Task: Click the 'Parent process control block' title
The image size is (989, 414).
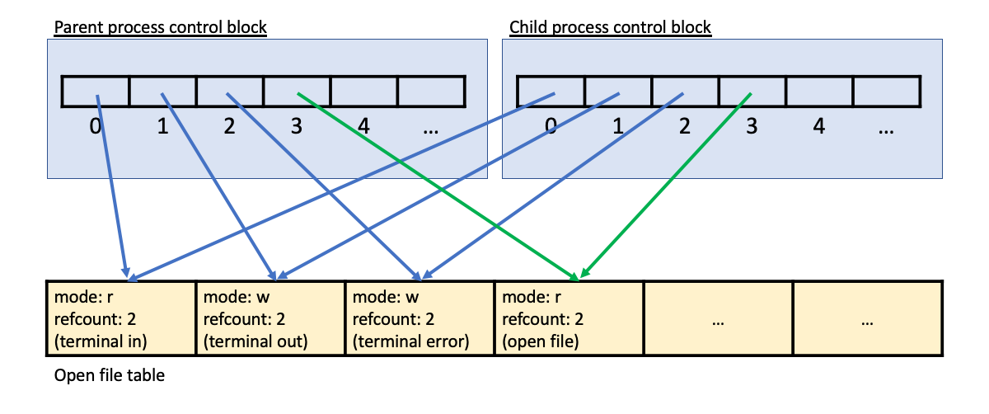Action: coord(160,27)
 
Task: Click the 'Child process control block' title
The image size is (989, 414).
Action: coord(610,27)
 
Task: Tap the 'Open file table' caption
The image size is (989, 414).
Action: coord(110,376)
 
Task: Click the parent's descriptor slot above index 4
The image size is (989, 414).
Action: coord(363,91)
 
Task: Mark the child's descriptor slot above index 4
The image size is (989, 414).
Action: coord(818,91)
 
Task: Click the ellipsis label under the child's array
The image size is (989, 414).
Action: coord(886,129)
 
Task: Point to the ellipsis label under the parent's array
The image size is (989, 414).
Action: coord(430,129)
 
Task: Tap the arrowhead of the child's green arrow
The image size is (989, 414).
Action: coord(584,274)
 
